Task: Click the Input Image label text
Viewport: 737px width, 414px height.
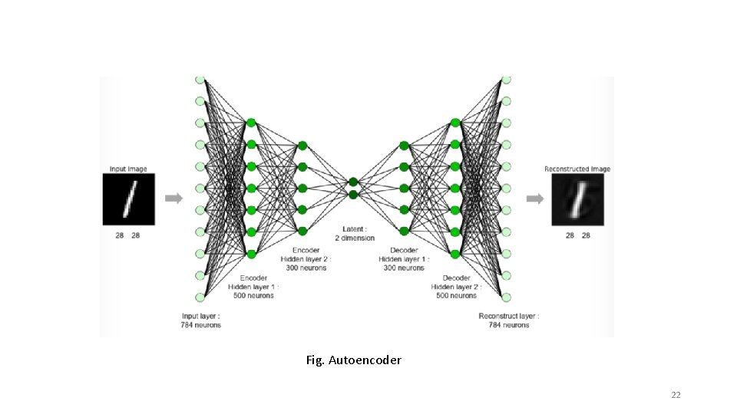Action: tap(128, 169)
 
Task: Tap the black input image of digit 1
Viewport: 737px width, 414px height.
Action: tap(129, 199)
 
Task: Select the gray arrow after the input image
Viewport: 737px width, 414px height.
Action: tap(174, 199)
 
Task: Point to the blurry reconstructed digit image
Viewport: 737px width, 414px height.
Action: tap(577, 199)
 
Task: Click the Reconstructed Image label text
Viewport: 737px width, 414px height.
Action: tap(577, 169)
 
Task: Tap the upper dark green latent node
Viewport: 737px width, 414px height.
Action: tap(353, 182)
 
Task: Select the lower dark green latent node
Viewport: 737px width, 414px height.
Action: tap(353, 195)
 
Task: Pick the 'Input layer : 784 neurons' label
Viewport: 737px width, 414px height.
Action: tap(201, 320)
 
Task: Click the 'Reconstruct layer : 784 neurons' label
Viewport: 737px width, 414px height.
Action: tap(509, 320)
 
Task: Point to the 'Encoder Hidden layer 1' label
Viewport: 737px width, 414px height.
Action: tap(253, 287)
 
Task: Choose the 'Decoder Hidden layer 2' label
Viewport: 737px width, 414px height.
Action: tap(456, 287)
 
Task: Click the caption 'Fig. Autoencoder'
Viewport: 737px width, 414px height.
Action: tap(353, 360)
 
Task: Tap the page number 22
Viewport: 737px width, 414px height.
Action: tap(676, 395)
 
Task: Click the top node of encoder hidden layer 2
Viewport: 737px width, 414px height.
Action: tap(302, 145)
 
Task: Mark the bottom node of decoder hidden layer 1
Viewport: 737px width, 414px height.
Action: tap(404, 231)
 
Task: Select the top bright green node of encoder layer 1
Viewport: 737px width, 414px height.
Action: tap(250, 122)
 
